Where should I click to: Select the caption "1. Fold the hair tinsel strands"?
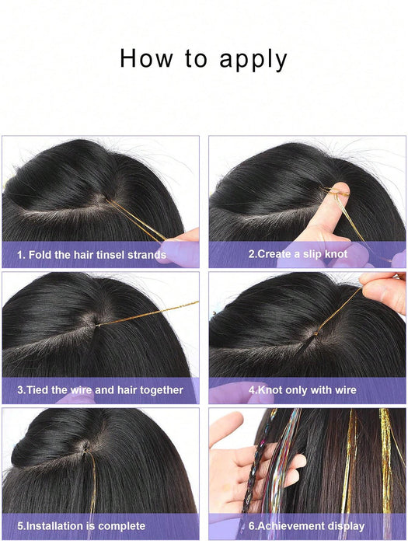click(x=92, y=254)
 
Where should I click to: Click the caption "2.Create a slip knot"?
click(x=297, y=254)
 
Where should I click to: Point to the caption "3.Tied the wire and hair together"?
click(x=100, y=389)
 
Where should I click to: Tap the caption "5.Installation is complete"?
click(x=81, y=525)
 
